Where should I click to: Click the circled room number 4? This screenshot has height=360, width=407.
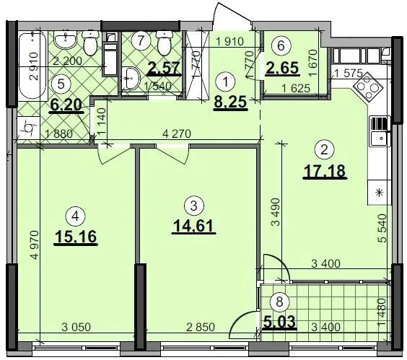click(76, 216)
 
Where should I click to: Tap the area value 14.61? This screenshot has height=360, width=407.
click(193, 225)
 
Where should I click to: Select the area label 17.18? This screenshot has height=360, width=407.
click(325, 171)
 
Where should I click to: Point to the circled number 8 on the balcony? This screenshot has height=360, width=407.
click(279, 302)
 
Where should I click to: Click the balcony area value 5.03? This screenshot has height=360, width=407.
click(279, 321)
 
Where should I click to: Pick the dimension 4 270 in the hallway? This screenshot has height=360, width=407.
click(177, 134)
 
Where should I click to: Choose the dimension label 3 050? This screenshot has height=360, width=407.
click(76, 328)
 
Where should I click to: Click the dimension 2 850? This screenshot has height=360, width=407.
click(201, 328)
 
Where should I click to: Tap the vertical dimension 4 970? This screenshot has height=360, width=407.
click(34, 245)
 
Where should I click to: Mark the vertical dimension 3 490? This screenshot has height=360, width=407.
click(277, 212)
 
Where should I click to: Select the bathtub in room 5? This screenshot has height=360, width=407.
click(32, 66)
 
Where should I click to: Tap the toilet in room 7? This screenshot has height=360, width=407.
click(164, 43)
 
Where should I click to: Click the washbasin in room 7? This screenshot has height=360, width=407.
click(131, 78)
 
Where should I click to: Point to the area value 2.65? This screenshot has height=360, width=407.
click(282, 69)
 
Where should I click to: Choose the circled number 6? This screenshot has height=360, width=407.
click(281, 45)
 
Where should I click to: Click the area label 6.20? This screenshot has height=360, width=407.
click(66, 105)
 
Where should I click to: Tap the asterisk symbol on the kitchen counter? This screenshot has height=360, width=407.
click(380, 193)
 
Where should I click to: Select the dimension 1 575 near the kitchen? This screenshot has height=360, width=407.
click(348, 74)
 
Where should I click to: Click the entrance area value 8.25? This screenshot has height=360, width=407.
click(230, 102)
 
